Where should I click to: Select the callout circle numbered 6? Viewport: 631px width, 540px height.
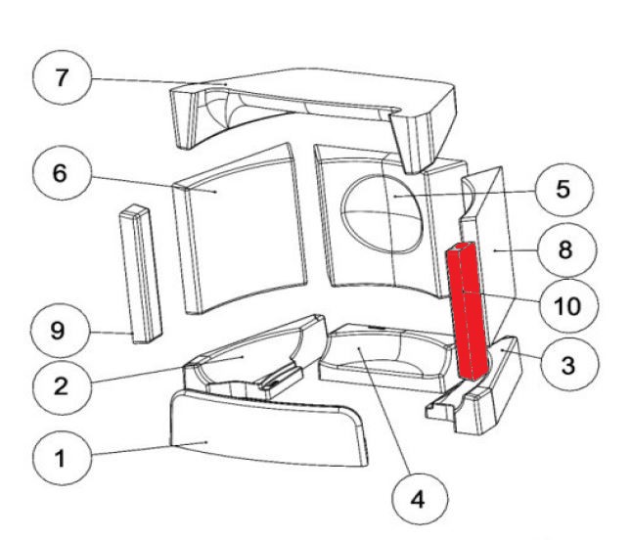click(x=60, y=174)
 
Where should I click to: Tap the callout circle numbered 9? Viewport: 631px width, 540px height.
click(x=60, y=331)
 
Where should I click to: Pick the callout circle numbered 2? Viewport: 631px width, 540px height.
click(x=60, y=385)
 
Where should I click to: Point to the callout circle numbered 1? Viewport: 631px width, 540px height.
click(x=60, y=457)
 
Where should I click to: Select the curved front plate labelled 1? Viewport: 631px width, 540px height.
click(x=264, y=430)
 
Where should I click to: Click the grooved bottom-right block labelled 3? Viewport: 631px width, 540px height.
click(x=489, y=396)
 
